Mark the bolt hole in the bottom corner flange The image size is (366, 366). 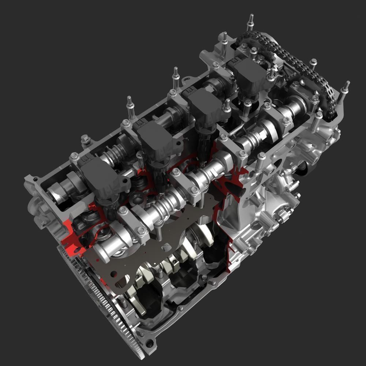(149, 343)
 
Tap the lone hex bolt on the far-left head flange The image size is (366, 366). (85, 139)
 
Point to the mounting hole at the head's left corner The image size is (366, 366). (36, 180)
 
